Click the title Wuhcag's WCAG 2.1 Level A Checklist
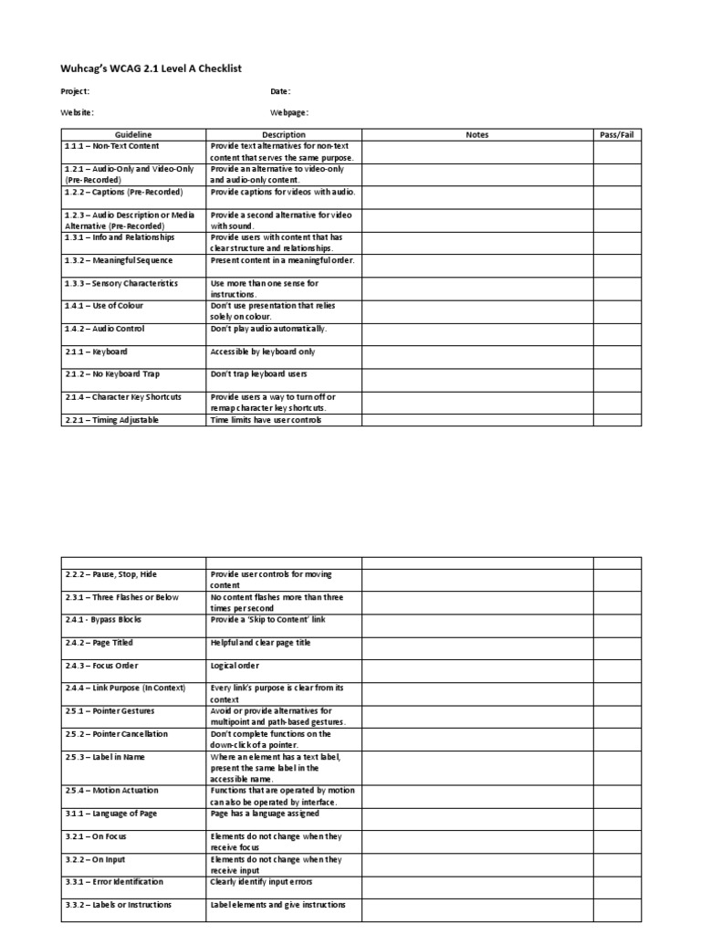click(151, 68)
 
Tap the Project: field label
click(75, 91)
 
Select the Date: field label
click(280, 91)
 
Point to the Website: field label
click(77, 112)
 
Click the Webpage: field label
click(289, 112)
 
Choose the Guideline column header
click(133, 134)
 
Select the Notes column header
click(477, 134)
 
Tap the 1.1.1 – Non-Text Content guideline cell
click(111, 146)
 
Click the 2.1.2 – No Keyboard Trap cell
click(107, 374)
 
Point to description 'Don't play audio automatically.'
click(268, 329)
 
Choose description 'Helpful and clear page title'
click(261, 643)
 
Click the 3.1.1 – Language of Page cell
click(109, 814)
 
